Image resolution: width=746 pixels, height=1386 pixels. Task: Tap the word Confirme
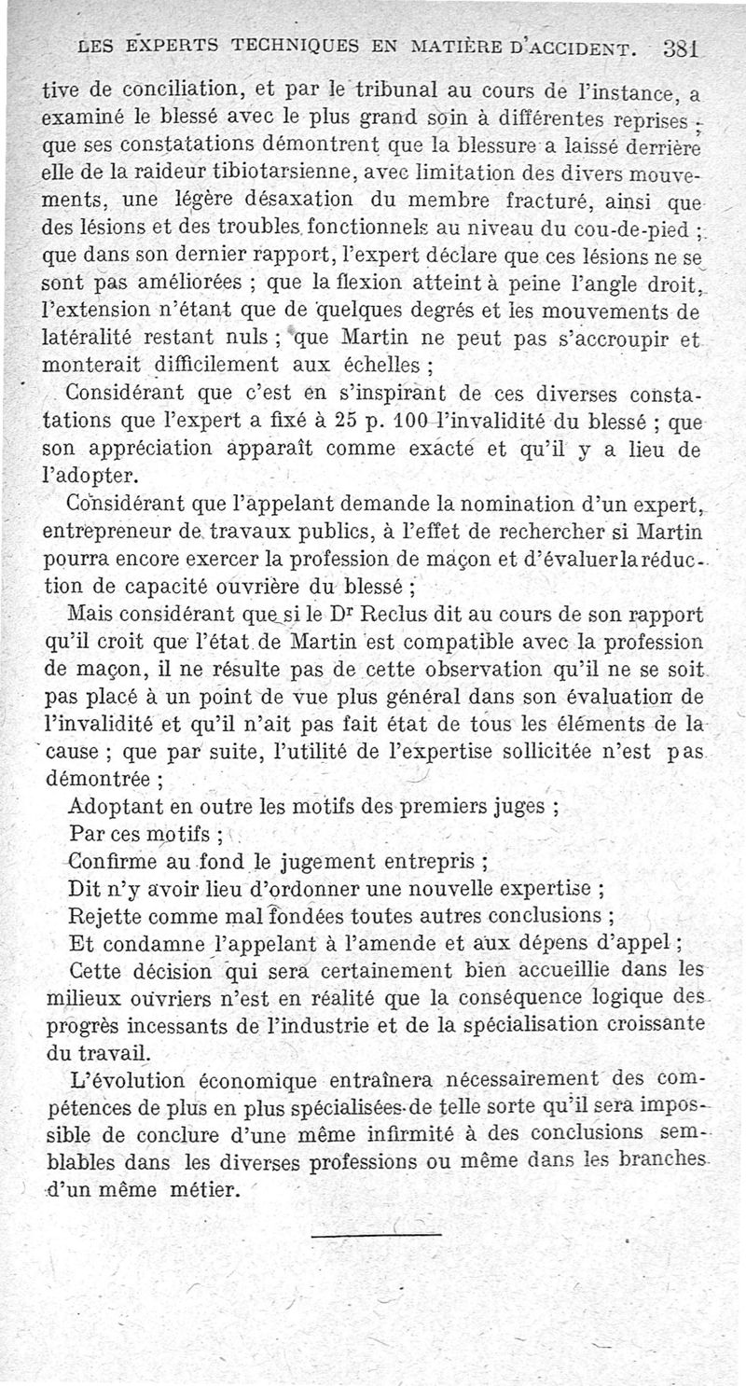[116, 859]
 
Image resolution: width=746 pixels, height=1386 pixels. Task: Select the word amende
[499, 939]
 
